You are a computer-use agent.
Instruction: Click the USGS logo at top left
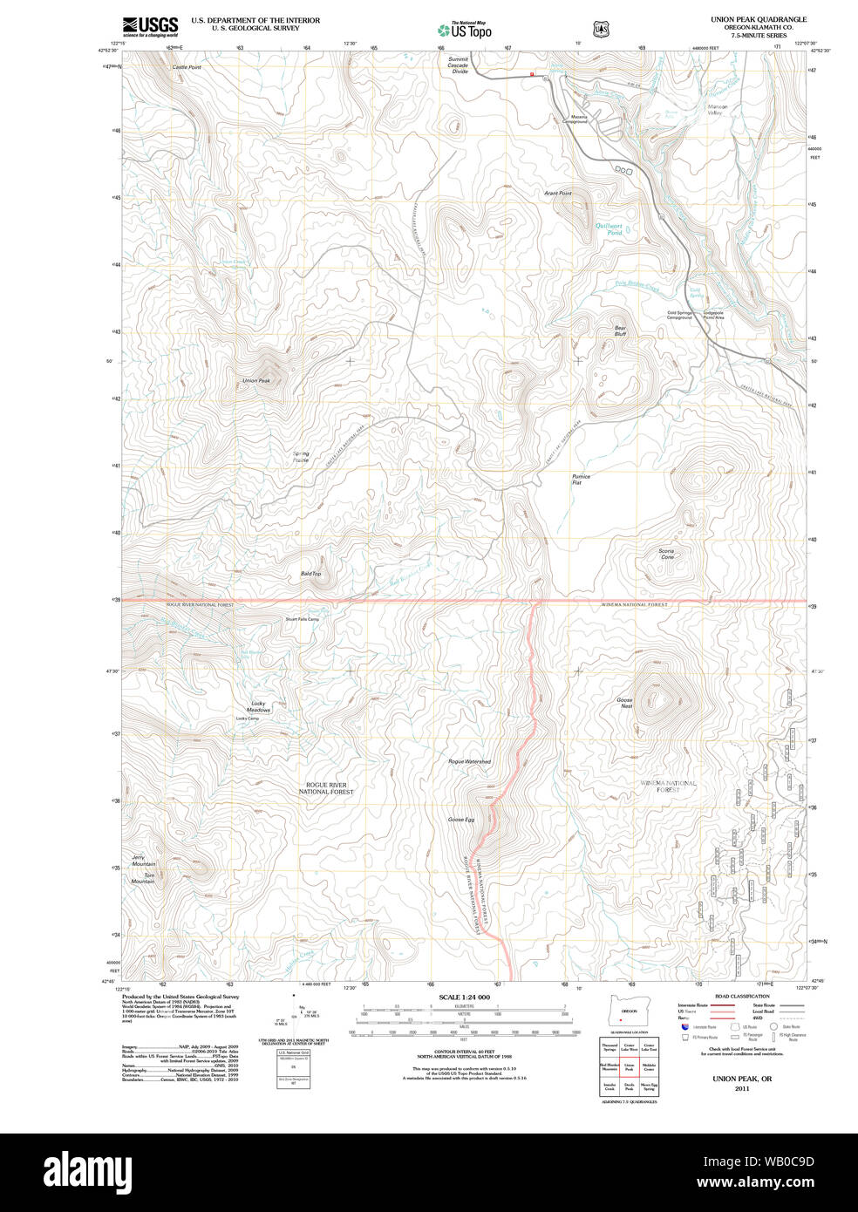pyautogui.click(x=150, y=26)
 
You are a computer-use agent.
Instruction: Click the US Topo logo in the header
pyautogui.click(x=465, y=30)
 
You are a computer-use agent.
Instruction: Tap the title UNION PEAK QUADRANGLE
pyautogui.click(x=746, y=19)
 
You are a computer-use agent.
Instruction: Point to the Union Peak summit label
pyautogui.click(x=256, y=381)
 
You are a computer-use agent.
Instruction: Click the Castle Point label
pyautogui.click(x=186, y=67)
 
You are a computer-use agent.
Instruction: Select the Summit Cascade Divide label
pyautogui.click(x=458, y=65)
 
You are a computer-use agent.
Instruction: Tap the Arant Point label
pyautogui.click(x=558, y=193)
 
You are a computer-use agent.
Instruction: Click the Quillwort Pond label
pyautogui.click(x=609, y=229)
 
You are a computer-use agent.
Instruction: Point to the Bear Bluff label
pyautogui.click(x=620, y=331)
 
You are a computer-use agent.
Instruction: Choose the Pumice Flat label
pyautogui.click(x=581, y=480)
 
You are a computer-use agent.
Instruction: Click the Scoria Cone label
pyautogui.click(x=666, y=554)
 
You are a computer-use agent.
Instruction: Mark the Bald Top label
pyautogui.click(x=310, y=574)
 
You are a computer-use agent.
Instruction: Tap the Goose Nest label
pyautogui.click(x=624, y=703)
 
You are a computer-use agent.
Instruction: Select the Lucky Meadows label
pyautogui.click(x=258, y=706)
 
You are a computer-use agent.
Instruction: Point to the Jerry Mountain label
pyautogui.click(x=144, y=861)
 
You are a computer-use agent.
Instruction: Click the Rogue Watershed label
pyautogui.click(x=469, y=761)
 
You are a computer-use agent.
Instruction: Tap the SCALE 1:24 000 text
pyautogui.click(x=464, y=998)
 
